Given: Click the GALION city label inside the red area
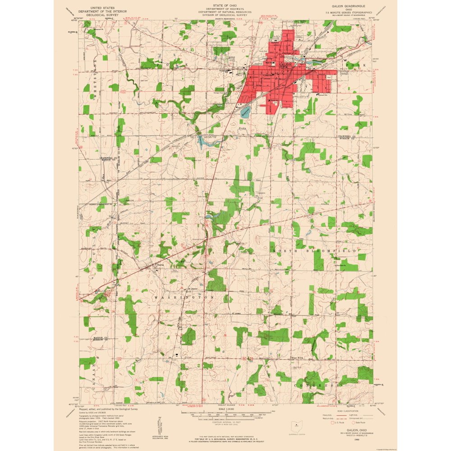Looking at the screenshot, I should click(285, 65).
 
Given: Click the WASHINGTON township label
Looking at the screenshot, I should click(183, 298).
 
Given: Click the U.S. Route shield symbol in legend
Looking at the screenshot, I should click(333, 423).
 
